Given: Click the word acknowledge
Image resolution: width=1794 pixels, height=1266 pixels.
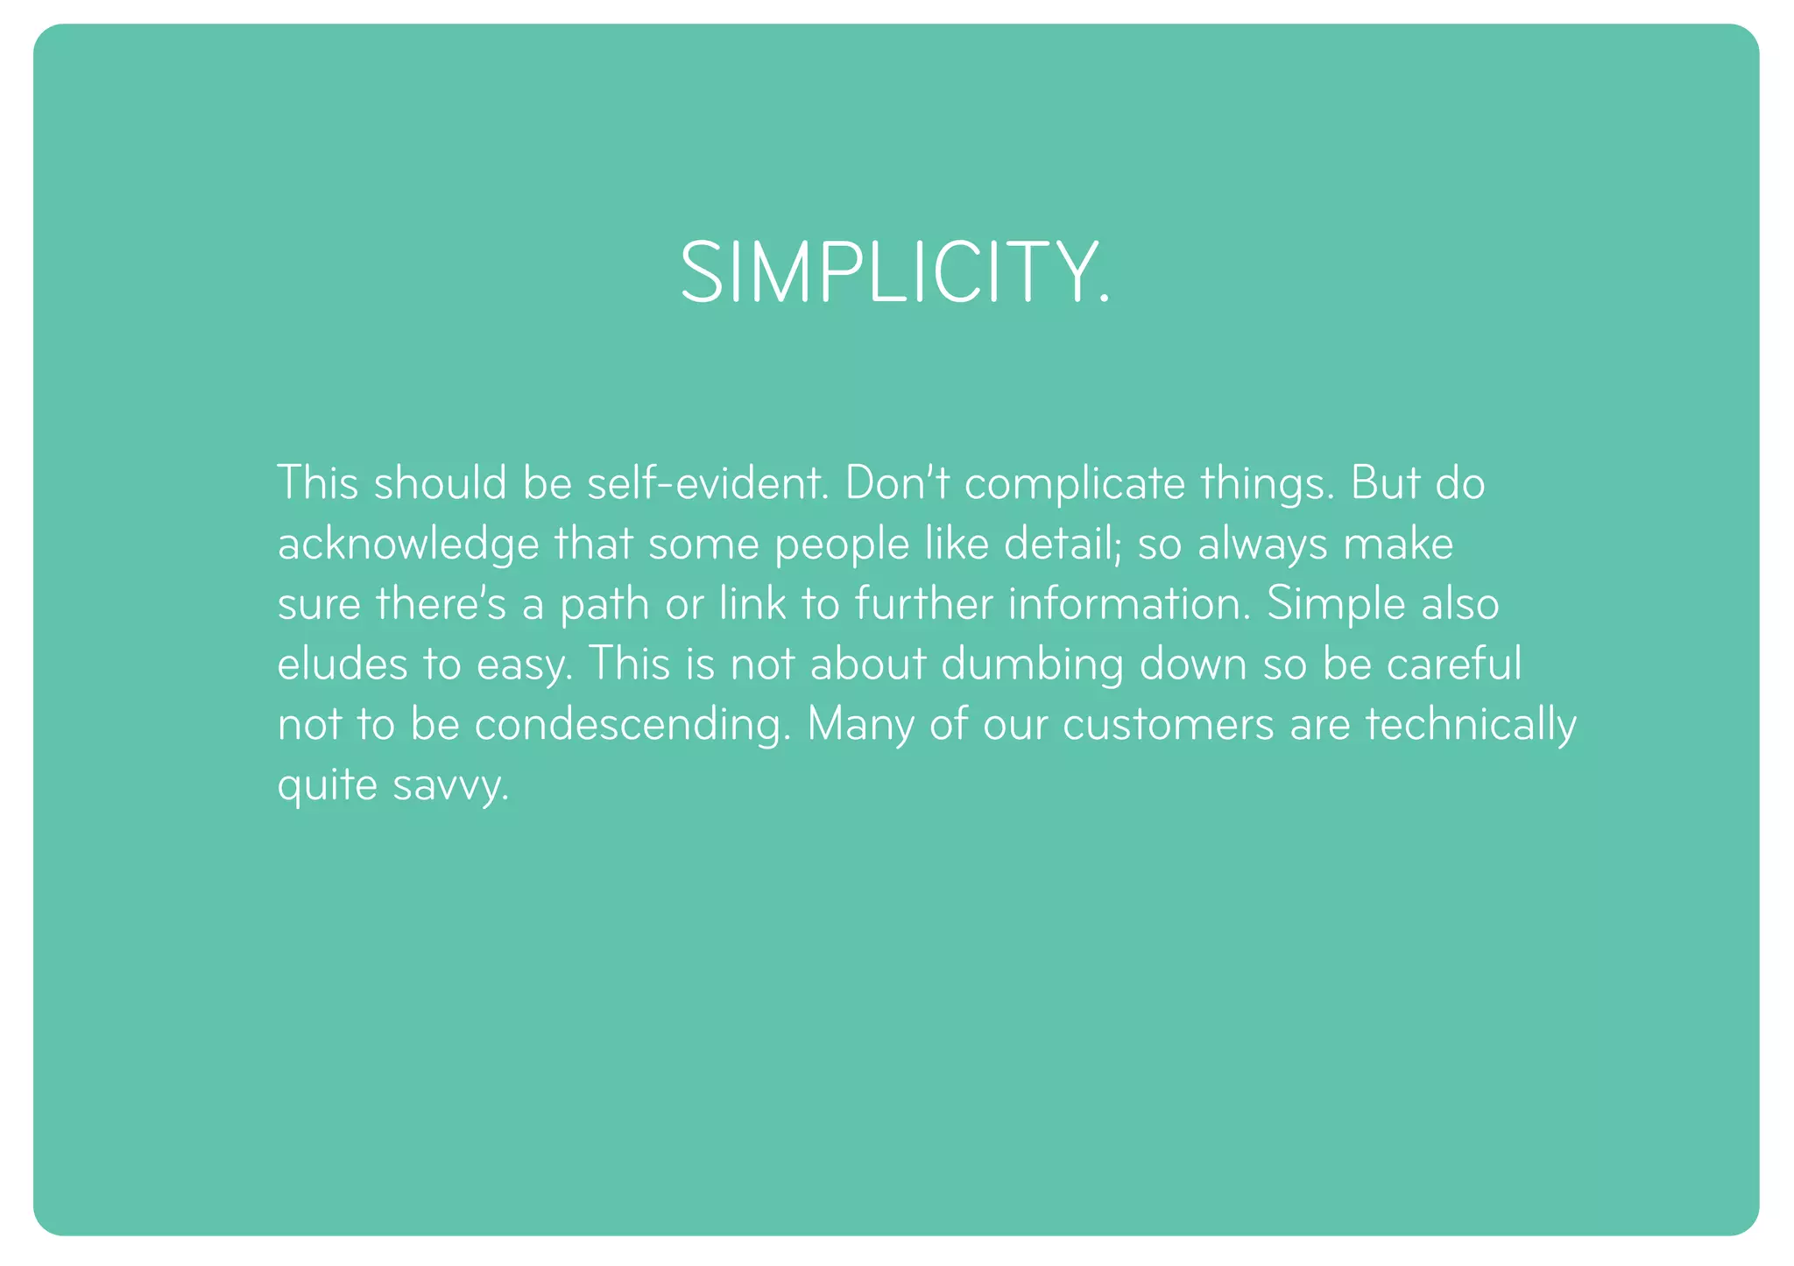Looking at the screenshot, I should coord(408,545).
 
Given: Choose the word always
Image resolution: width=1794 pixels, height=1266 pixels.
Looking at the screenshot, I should coord(1250,545).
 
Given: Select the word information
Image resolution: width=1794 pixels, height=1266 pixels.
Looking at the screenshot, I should coord(1129,604).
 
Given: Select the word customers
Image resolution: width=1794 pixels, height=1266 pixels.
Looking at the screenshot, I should coord(1169,725).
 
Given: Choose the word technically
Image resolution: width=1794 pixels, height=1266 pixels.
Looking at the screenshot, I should coord(1471,725).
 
